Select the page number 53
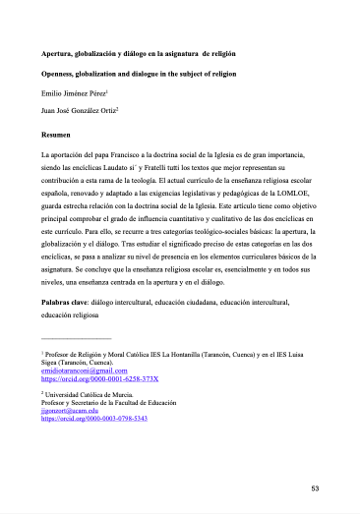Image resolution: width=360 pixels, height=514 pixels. (315, 488)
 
